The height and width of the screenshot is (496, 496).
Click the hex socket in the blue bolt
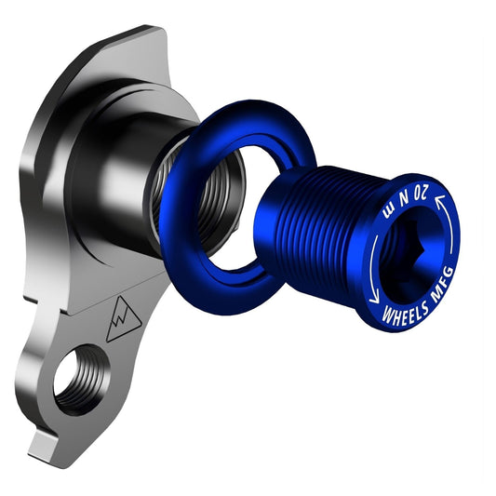tap(409, 248)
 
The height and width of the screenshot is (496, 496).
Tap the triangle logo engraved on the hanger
tap(122, 322)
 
